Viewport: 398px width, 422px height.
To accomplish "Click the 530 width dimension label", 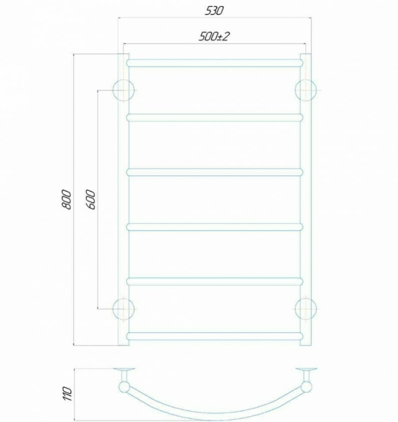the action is tap(214, 11).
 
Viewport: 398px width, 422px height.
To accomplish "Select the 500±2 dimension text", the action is tap(214, 36).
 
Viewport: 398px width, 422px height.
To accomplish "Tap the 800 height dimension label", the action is tap(67, 199).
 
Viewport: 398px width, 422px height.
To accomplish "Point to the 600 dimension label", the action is tap(91, 199).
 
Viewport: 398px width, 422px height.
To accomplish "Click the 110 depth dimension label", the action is tap(68, 394).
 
